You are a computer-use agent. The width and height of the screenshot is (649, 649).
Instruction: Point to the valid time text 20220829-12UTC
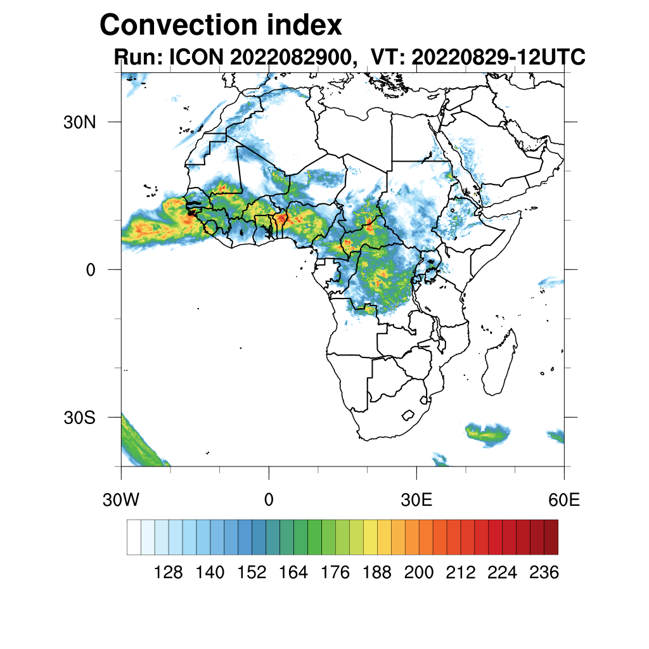click(498, 58)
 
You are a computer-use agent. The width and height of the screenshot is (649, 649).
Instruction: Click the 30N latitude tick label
click(79, 122)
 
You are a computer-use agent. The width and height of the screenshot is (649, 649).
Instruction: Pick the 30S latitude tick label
click(80, 417)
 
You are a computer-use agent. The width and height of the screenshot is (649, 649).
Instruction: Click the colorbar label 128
click(169, 573)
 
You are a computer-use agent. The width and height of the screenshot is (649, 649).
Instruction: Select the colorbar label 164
click(293, 573)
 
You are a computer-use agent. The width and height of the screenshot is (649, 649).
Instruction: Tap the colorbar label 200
click(418, 573)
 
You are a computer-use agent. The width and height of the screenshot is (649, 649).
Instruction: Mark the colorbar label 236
click(543, 573)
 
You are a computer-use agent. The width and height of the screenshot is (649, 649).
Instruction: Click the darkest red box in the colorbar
click(551, 537)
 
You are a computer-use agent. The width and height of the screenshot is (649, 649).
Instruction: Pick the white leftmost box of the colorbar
click(134, 537)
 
